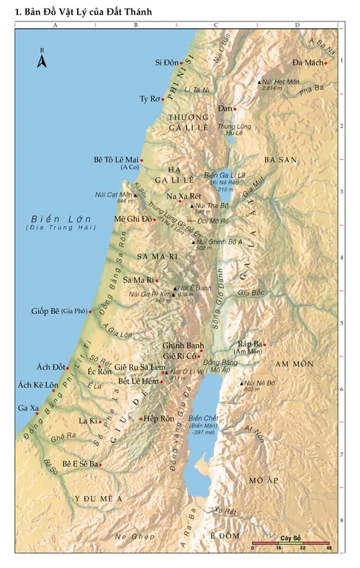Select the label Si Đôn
(166, 63)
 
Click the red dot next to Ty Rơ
(163, 99)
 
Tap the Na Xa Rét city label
(183, 197)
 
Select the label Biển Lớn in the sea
(53, 218)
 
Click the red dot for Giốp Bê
(90, 312)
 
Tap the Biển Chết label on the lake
(202, 418)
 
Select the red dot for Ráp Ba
(264, 344)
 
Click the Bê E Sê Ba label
(79, 464)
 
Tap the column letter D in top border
(297, 25)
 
